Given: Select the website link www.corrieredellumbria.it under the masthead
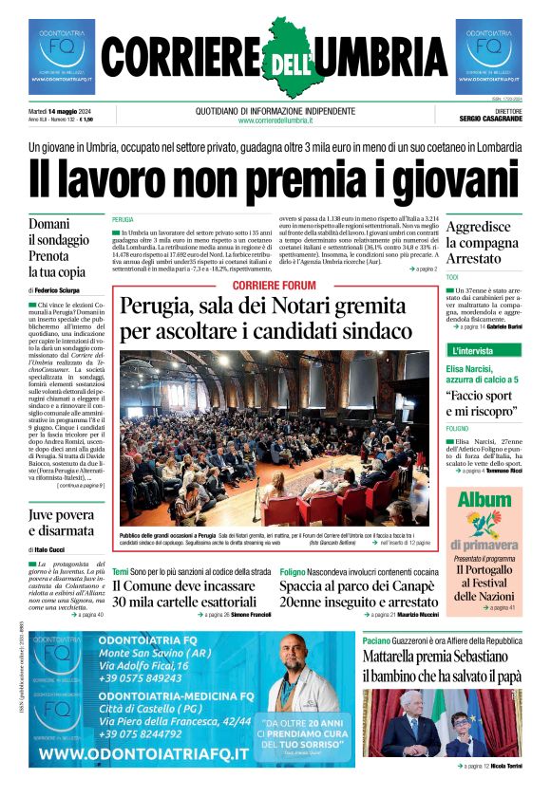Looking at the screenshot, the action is [x=275, y=120].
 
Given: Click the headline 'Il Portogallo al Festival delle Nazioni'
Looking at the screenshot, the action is [x=484, y=583].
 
